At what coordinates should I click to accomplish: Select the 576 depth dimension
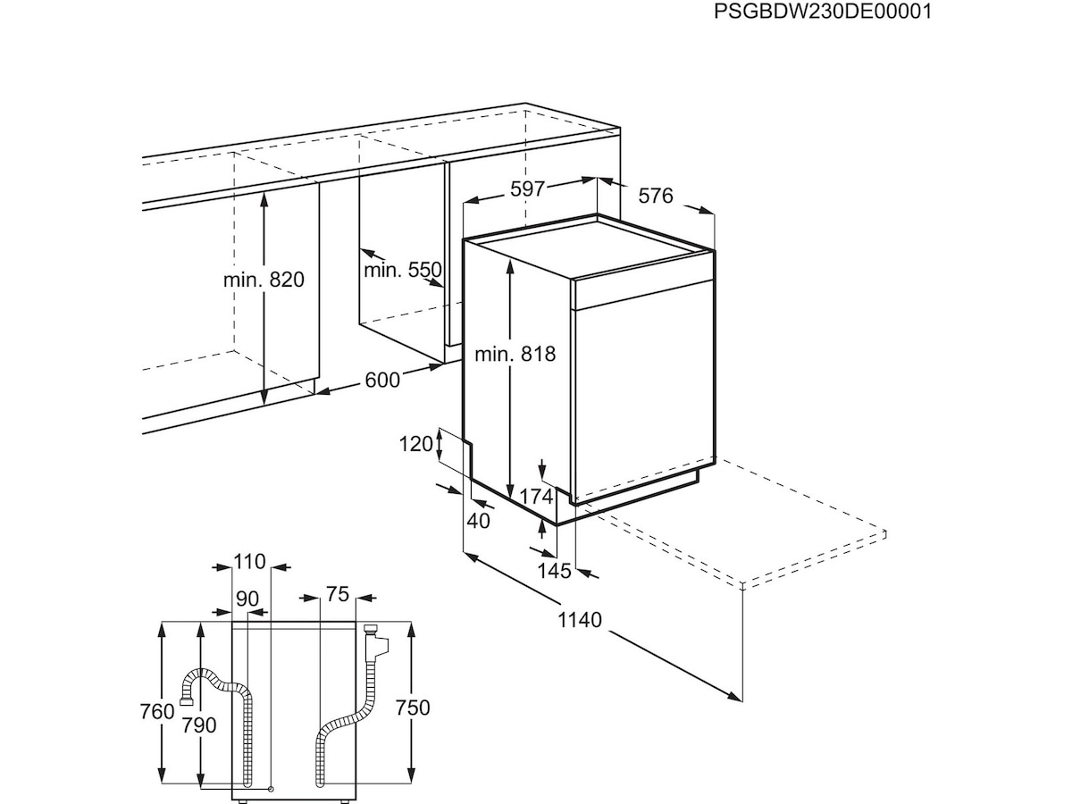pos(655,196)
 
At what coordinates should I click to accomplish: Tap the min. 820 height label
pos(264,280)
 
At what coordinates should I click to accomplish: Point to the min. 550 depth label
pos(403,269)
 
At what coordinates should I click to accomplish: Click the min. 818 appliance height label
pos(515,354)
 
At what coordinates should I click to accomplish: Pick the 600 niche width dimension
pos(382,380)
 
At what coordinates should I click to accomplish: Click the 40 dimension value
pos(479,521)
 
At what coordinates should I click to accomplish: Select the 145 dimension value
pos(555,572)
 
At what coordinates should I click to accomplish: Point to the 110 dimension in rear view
pos(250,562)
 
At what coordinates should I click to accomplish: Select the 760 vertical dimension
pos(157,712)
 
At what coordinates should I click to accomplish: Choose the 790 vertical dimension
pos(198,725)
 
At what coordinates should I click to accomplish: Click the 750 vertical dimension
pos(412,708)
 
